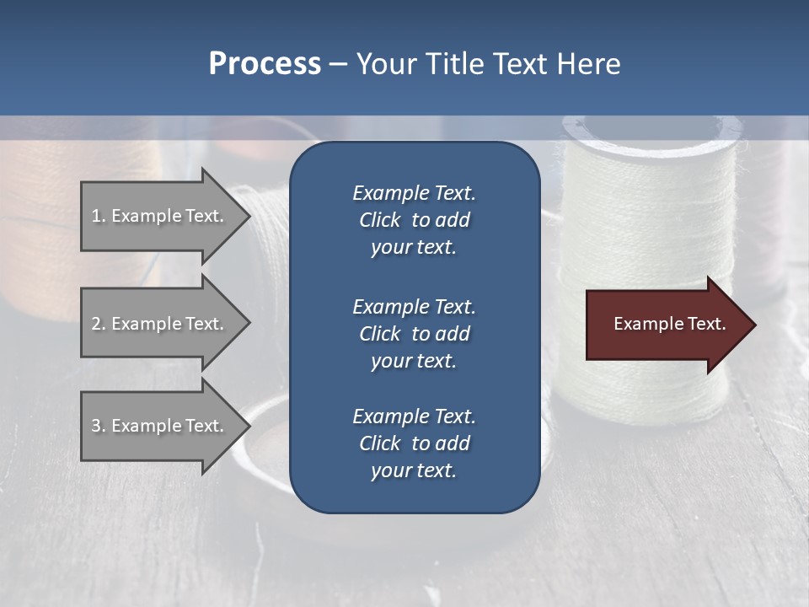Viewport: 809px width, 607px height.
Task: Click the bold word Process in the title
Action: point(265,64)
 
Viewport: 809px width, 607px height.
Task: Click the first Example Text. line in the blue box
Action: point(414,193)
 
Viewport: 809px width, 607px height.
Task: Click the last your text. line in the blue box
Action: point(414,470)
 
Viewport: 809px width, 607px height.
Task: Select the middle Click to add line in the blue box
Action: point(414,334)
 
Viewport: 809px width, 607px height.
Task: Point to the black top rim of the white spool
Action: point(649,128)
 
